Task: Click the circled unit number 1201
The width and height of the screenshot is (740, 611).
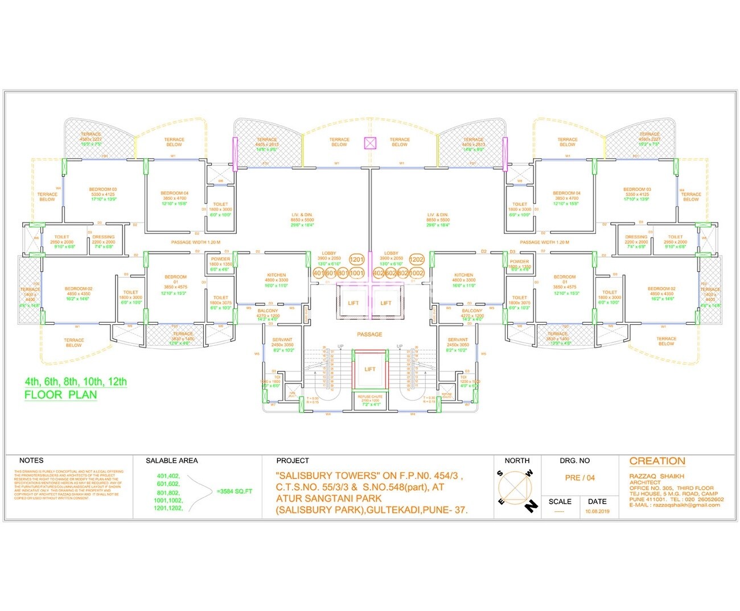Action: pos(356,259)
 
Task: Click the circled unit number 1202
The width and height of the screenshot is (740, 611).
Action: pos(417,259)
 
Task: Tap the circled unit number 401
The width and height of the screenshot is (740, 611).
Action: pos(319,273)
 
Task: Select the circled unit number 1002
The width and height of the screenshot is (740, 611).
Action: pos(417,273)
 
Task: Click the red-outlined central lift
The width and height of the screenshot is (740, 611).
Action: pos(370,369)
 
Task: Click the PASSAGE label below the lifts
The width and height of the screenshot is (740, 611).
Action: pos(369,335)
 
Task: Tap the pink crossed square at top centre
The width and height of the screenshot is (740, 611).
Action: pos(370,143)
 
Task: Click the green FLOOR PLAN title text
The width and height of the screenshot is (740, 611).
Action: pos(60,395)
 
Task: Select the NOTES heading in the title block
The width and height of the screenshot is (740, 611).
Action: pos(31,460)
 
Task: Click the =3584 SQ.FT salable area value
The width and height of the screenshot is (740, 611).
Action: pos(234,491)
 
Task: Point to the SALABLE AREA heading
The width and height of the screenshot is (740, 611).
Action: pos(172,460)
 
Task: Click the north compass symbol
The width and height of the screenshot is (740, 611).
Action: pos(516,489)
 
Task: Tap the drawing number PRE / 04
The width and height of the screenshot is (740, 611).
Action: pos(579,478)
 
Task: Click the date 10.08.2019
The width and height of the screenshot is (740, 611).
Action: pos(597,511)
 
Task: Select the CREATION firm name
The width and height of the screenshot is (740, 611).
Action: pos(657,461)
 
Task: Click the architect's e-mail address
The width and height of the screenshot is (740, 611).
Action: pos(675,505)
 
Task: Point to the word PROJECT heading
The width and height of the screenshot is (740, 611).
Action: pos(293,460)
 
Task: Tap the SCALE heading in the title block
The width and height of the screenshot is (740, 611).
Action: pos(560,501)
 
